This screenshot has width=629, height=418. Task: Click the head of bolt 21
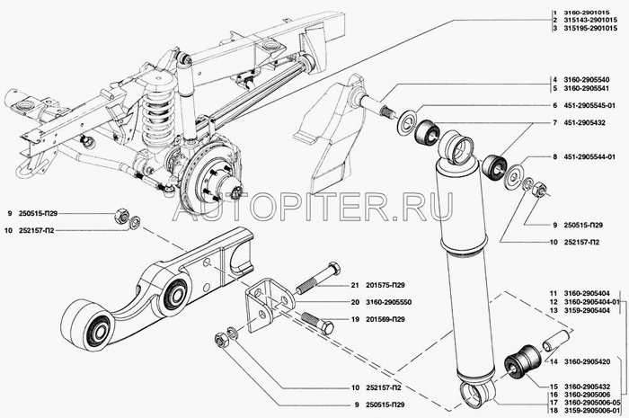tap(332, 269)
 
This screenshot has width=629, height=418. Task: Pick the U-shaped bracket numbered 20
tap(263, 306)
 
